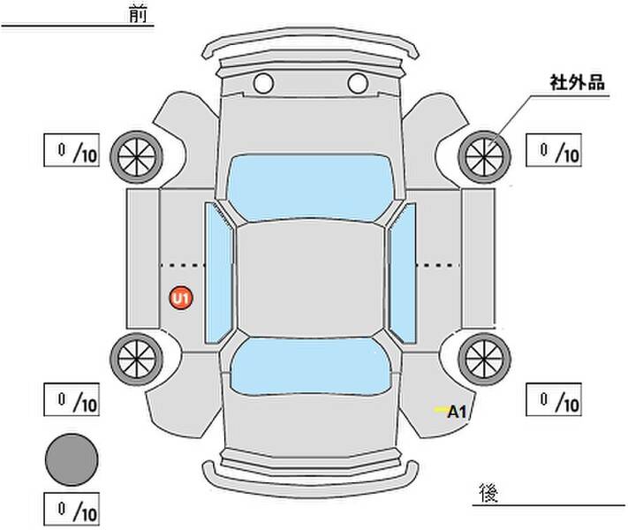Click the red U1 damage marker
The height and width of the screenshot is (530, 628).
[x=181, y=298]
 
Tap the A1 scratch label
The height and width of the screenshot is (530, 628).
[x=457, y=412]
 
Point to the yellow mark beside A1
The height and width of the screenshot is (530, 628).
[x=442, y=409]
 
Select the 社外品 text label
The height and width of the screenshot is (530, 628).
[x=577, y=82]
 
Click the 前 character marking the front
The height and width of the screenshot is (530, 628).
[x=138, y=14]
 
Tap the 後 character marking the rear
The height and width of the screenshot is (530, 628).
[x=488, y=492]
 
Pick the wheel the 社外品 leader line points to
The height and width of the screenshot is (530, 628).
[x=484, y=157]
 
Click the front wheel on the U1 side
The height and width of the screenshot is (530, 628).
[x=137, y=157]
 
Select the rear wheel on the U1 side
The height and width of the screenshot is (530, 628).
[x=137, y=359]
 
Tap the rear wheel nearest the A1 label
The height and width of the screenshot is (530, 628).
[x=484, y=359]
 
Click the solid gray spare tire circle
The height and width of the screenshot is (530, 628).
[x=72, y=459]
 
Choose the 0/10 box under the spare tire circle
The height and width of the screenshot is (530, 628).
[x=72, y=509]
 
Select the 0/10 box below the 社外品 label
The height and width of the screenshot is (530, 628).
[x=554, y=150]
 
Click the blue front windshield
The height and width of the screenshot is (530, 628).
[x=310, y=187]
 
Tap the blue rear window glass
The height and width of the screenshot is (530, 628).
[x=310, y=367]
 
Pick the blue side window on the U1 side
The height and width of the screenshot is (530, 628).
[x=218, y=273]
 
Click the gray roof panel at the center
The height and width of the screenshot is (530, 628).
[x=310, y=279]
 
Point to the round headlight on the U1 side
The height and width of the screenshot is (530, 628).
[x=263, y=83]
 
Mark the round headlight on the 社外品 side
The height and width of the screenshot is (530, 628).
[x=358, y=83]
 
